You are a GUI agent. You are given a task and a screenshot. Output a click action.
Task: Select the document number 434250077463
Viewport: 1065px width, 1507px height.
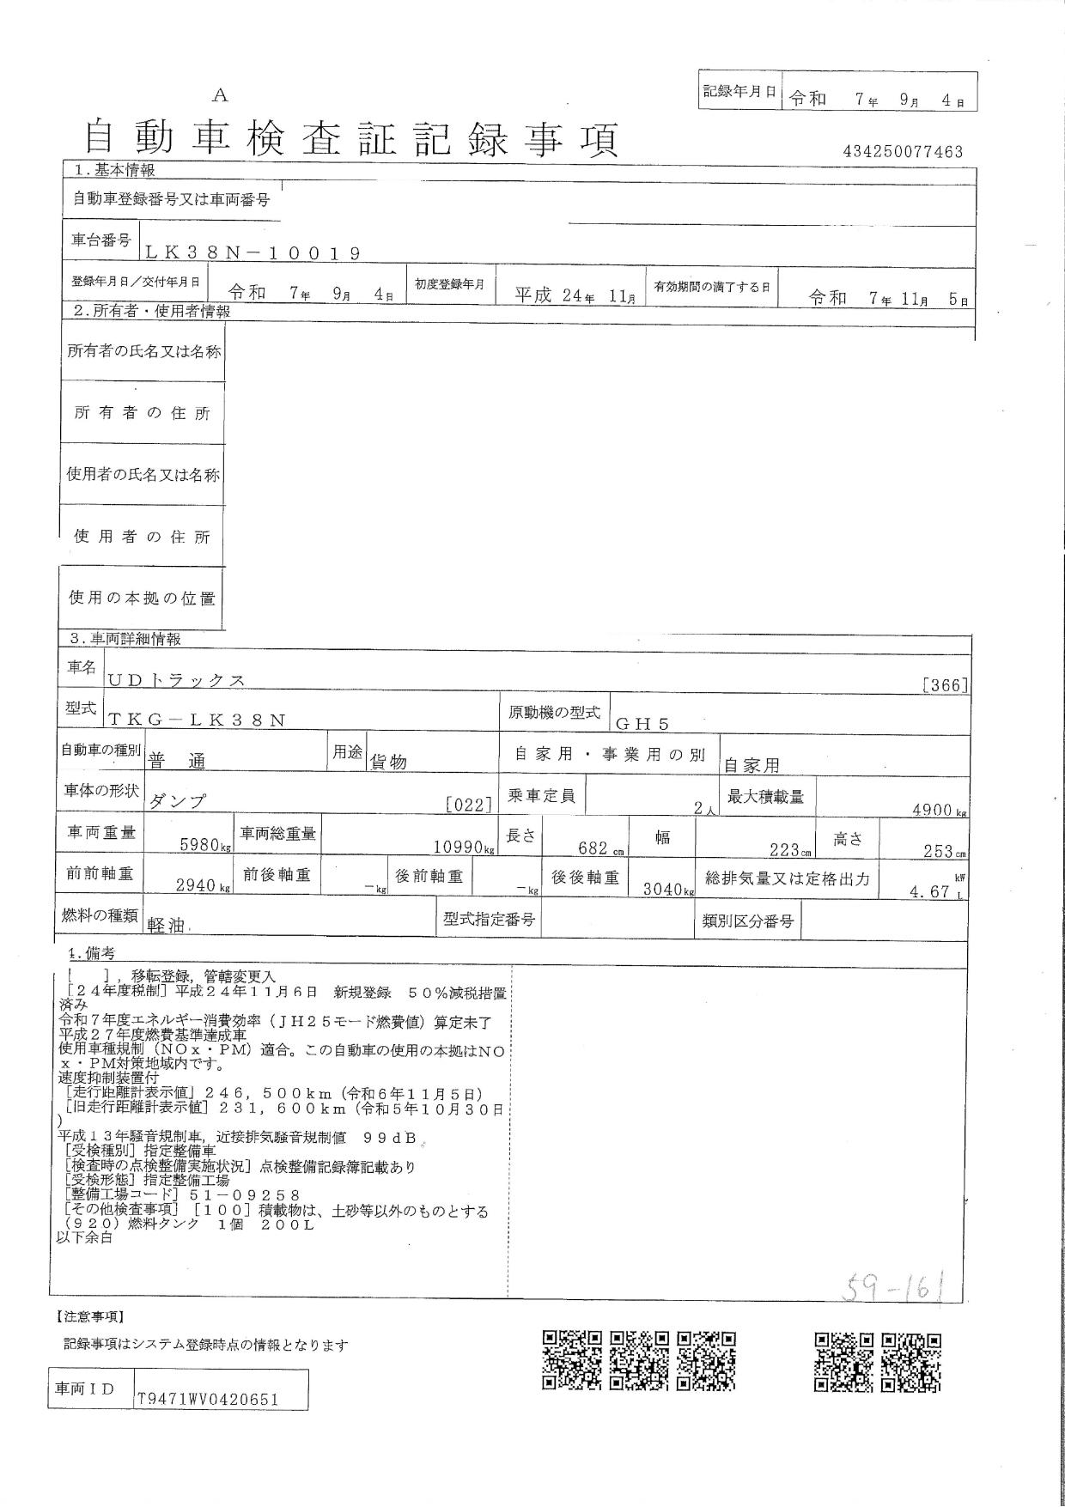(904, 152)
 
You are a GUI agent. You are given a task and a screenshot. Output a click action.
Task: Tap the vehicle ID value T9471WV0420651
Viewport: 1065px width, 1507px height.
(208, 1399)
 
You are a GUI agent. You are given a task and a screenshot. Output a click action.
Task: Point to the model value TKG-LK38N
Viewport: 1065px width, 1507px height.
(198, 720)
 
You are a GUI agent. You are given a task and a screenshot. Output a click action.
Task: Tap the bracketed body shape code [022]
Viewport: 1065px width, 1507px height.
(469, 805)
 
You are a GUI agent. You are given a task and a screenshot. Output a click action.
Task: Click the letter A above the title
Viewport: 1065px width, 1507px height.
(220, 96)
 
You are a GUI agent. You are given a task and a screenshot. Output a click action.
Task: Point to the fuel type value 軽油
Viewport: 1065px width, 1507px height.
(167, 925)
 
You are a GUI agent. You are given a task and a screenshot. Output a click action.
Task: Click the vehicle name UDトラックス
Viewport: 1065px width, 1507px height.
(177, 680)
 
